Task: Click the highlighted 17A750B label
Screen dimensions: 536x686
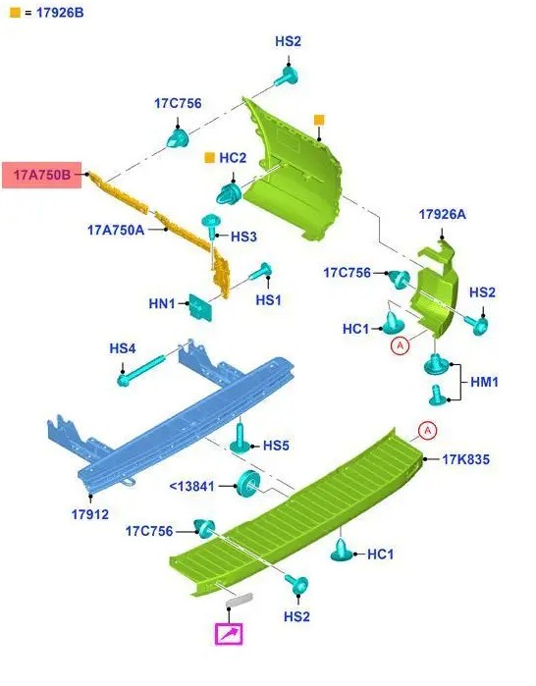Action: coord(41,175)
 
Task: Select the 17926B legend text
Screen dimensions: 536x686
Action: coord(60,13)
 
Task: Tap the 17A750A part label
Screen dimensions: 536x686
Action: coord(116,230)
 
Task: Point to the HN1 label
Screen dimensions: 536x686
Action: coord(162,303)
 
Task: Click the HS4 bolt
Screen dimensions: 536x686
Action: coord(141,371)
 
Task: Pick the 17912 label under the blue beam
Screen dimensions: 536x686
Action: coord(90,514)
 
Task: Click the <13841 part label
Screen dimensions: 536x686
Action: coord(191,486)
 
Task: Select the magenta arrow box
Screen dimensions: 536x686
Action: coord(229,634)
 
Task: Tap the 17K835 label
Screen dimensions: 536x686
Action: coord(465,459)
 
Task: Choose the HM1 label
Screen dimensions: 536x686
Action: coord(484,382)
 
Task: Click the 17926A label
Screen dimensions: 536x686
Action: coord(443,214)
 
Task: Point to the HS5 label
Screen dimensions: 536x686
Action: coord(276,446)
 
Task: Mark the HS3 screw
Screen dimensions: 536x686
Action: coord(211,226)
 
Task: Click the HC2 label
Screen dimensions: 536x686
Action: coord(233,157)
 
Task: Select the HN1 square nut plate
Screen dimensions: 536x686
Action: coord(200,307)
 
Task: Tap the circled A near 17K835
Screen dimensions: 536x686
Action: coord(427,431)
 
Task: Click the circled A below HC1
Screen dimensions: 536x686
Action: coord(400,346)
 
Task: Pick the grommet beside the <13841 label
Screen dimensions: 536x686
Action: coord(248,484)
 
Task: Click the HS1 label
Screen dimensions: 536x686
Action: coord(268,300)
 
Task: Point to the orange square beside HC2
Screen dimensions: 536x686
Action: coord(210,157)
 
